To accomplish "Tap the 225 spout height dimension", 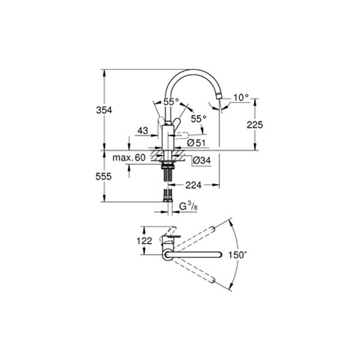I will (x=255, y=125).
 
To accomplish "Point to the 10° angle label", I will (x=241, y=97).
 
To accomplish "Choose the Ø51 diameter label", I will (x=196, y=142).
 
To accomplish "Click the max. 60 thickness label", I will (x=129, y=158).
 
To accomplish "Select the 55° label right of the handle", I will (x=198, y=119).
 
